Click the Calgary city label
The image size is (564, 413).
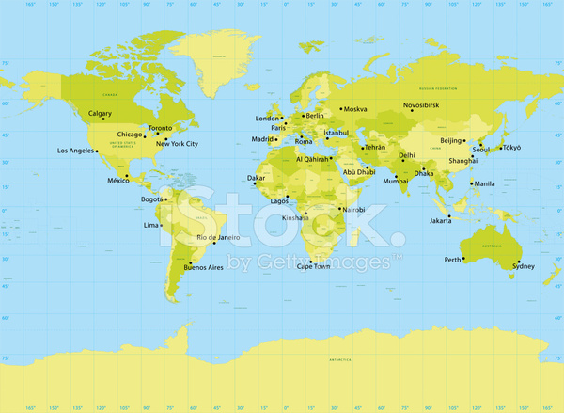[100, 114]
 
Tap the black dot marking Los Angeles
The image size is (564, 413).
[97, 151]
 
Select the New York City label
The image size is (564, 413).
[177, 144]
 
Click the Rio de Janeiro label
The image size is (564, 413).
[218, 238]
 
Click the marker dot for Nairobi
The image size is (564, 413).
[337, 210]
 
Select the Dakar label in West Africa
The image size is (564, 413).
[256, 177]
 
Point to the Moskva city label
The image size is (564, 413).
[355, 109]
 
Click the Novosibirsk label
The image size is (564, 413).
[422, 105]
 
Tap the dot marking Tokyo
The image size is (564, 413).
[499, 147]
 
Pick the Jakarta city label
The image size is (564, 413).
[441, 221]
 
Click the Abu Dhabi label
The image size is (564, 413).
[359, 171]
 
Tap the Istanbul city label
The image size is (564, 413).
[336, 134]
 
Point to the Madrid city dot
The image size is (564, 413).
[276, 139]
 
